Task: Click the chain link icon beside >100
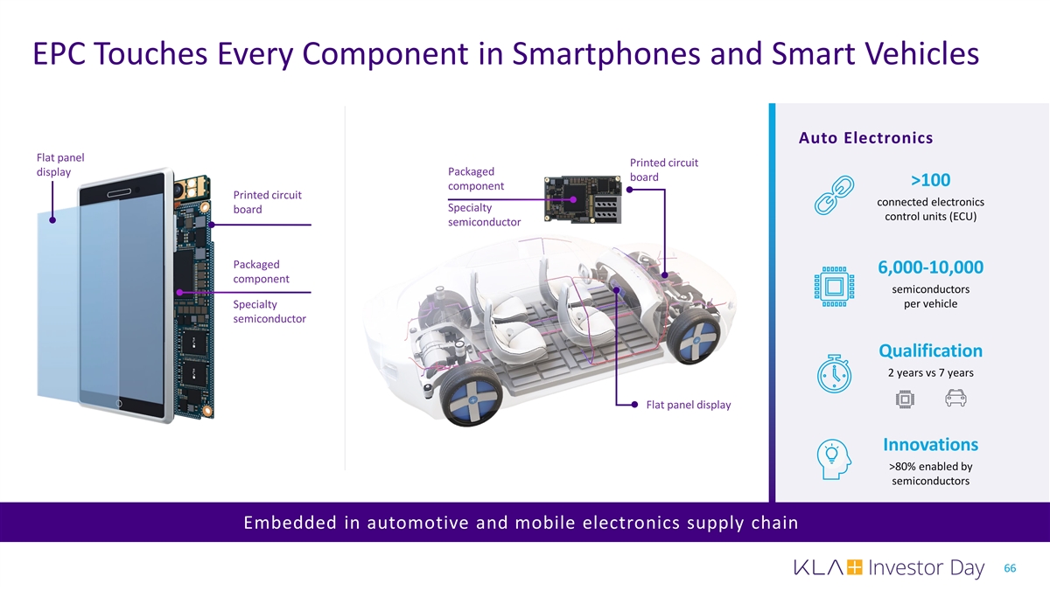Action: [834, 195]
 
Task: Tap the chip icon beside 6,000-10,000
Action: [835, 287]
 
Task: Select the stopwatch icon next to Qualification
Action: [835, 374]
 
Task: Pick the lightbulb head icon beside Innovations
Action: [834, 460]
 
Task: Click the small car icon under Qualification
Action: [955, 398]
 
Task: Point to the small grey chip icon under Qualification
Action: [905, 399]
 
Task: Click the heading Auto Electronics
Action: [865, 138]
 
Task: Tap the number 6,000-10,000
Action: [930, 267]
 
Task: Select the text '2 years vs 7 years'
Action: [930, 372]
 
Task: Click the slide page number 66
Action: [1010, 568]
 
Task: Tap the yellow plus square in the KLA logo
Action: [854, 567]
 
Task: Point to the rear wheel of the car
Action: [694, 336]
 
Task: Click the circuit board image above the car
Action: [583, 199]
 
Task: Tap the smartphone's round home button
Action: [119, 403]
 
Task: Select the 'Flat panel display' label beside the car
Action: [688, 405]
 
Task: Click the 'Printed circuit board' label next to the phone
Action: [267, 202]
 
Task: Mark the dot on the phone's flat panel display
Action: [52, 219]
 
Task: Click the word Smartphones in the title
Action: [606, 53]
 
